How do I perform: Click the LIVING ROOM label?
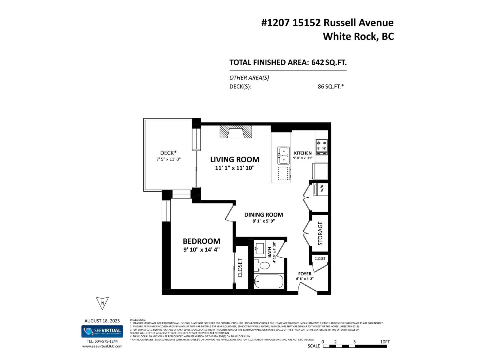(235, 160)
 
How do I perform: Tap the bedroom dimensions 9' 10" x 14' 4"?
(202, 249)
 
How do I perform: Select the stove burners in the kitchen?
(321, 145)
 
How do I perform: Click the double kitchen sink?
(283, 155)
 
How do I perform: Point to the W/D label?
(322, 189)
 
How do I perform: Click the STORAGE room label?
(320, 233)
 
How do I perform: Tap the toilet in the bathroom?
(265, 265)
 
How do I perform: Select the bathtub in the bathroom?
(268, 282)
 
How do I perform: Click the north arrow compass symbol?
(102, 303)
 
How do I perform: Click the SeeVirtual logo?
(102, 331)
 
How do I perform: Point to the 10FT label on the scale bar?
(385, 342)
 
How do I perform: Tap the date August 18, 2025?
(102, 321)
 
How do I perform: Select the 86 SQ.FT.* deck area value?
(331, 87)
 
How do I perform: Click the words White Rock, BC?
(358, 36)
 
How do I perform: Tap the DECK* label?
(168, 153)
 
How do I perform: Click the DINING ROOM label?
(263, 215)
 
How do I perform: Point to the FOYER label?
(304, 274)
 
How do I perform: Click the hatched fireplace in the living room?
(236, 132)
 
